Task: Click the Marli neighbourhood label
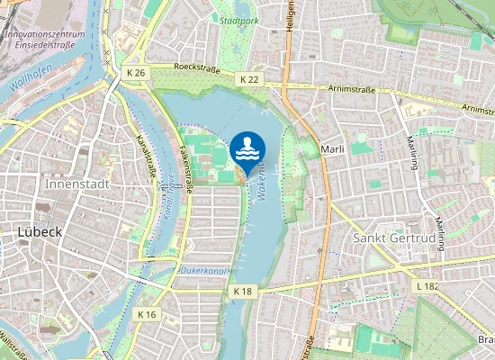pyautogui.click(x=333, y=148)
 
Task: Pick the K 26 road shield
pyautogui.click(x=136, y=72)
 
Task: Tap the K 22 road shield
pyautogui.click(x=249, y=80)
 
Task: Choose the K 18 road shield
pyautogui.click(x=242, y=292)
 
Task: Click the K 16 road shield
pyautogui.click(x=148, y=314)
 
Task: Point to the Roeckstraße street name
pyautogui.click(x=197, y=67)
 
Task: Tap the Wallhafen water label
pyautogui.click(x=29, y=85)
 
